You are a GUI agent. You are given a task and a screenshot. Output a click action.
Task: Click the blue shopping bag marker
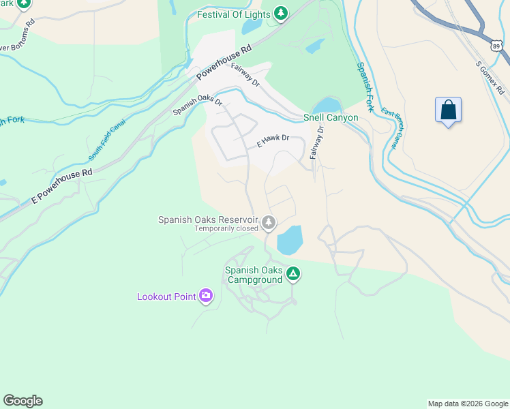448,110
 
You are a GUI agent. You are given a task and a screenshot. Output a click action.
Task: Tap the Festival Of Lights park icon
280,14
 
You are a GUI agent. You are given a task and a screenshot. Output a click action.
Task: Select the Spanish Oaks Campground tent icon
292,274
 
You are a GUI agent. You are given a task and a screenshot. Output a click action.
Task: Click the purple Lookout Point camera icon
205,296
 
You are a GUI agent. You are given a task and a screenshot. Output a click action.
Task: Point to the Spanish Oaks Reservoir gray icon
269,222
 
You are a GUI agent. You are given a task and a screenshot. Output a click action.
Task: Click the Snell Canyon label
331,118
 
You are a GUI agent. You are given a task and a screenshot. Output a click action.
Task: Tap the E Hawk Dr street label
273,141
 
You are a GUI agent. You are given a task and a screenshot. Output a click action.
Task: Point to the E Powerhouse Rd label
61,185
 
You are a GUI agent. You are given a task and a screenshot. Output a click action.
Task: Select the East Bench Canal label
390,128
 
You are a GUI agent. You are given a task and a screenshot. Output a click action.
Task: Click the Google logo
22,401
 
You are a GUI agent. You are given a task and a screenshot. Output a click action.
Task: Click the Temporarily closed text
226,229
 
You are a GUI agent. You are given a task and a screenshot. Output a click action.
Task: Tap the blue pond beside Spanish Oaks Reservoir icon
289,239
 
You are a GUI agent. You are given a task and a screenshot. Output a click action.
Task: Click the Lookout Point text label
166,297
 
